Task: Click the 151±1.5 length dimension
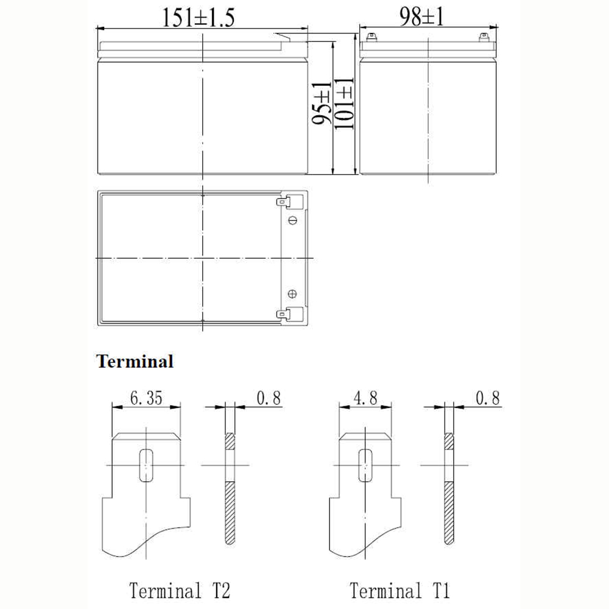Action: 198,18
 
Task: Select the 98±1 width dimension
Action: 421,16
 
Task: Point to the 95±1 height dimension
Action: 322,103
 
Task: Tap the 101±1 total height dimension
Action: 344,104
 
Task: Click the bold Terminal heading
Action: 135,361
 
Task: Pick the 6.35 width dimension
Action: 146,398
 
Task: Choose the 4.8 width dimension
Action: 365,398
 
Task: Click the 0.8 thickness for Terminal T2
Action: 269,398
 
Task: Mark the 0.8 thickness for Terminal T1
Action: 488,398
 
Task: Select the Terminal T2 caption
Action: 180,590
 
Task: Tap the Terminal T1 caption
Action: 400,590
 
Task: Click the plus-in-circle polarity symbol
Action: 292,294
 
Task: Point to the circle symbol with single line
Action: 293,220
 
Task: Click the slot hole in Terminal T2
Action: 146,465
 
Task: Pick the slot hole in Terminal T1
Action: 365,465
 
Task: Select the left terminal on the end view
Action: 371,37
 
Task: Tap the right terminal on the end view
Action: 484,37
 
